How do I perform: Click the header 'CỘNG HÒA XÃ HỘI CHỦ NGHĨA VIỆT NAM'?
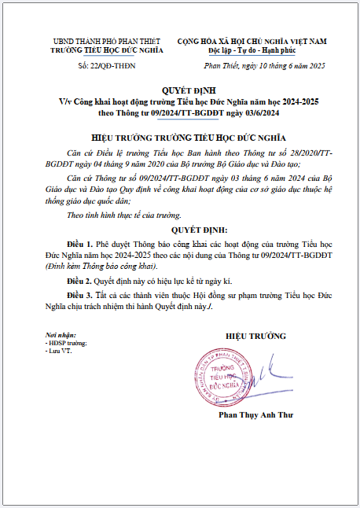[x=252, y=40]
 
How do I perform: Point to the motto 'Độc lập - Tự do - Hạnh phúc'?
[x=252, y=49]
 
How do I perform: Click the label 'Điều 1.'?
[x=80, y=245]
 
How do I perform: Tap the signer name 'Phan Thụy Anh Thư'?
[x=255, y=414]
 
